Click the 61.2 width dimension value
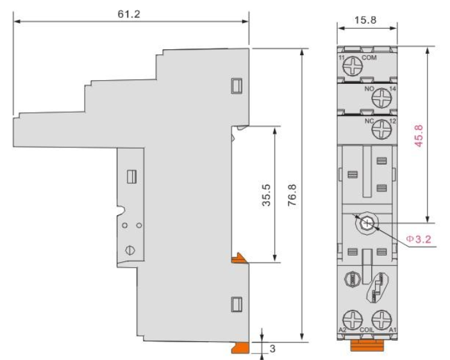tap(129, 14)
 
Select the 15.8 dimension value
tap(365, 20)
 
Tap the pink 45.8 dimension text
tap(419, 136)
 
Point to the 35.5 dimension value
tap(266, 195)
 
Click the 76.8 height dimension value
tap(292, 195)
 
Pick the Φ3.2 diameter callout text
tap(419, 239)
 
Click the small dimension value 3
tap(272, 349)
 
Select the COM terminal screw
tap(353, 66)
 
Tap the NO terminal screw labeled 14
tap(381, 99)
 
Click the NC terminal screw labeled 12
tap(381, 129)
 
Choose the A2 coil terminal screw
tap(353, 320)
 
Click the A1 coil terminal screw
tap(381, 320)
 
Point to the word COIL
tap(367, 330)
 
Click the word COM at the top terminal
tap(369, 58)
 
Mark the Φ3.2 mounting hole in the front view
tap(367, 224)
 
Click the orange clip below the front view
tap(367, 345)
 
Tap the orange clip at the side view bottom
tap(241, 347)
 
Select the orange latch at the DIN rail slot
tap(238, 258)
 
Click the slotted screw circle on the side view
tap(131, 250)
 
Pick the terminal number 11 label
tap(341, 58)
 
